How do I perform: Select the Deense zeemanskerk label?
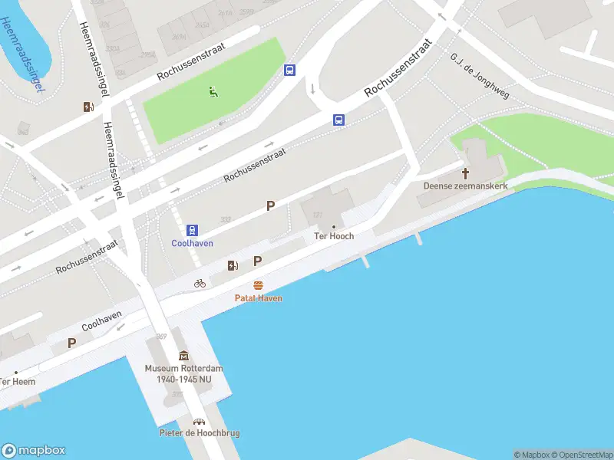pos(465,186)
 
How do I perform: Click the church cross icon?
pos(465,172)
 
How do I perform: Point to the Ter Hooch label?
pos(335,236)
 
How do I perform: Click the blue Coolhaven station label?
pos(192,243)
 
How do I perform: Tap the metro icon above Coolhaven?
pos(192,229)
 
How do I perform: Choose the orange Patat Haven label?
pos(259,297)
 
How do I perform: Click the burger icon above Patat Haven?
pos(259,285)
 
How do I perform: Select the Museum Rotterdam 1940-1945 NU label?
pos(183,373)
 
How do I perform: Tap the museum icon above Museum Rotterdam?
pos(183,356)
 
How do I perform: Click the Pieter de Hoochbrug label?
pos(200,433)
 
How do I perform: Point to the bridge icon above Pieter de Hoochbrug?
pos(200,422)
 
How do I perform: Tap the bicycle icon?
pos(200,283)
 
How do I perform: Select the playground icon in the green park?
pos(213,93)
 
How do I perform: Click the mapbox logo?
pos(34,451)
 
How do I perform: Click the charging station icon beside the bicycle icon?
pos(232,265)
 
